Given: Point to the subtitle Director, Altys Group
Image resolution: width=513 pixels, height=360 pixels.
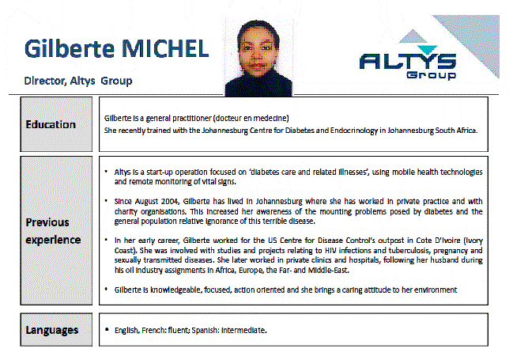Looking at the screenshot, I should pos(77,81).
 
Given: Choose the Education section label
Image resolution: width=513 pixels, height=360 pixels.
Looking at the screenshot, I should pos(51,124).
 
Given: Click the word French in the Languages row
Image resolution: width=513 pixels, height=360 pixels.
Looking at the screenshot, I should pos(151,329).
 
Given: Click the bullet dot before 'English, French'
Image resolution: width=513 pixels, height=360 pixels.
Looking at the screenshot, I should pos(107,329).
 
